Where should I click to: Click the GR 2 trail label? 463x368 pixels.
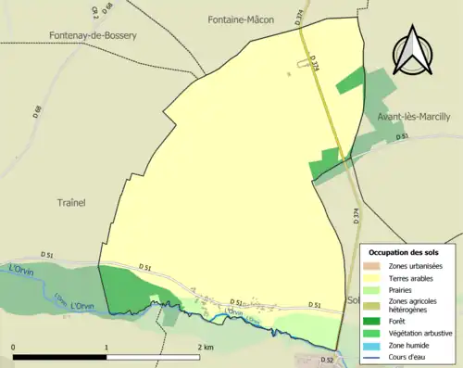[95, 12]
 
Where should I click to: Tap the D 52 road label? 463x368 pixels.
[326, 360]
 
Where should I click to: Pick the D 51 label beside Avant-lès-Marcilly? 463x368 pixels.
[402, 138]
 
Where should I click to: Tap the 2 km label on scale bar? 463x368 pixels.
[206, 347]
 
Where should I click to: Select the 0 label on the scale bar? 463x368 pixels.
[13, 347]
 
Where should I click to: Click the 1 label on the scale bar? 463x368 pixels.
[107, 347]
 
